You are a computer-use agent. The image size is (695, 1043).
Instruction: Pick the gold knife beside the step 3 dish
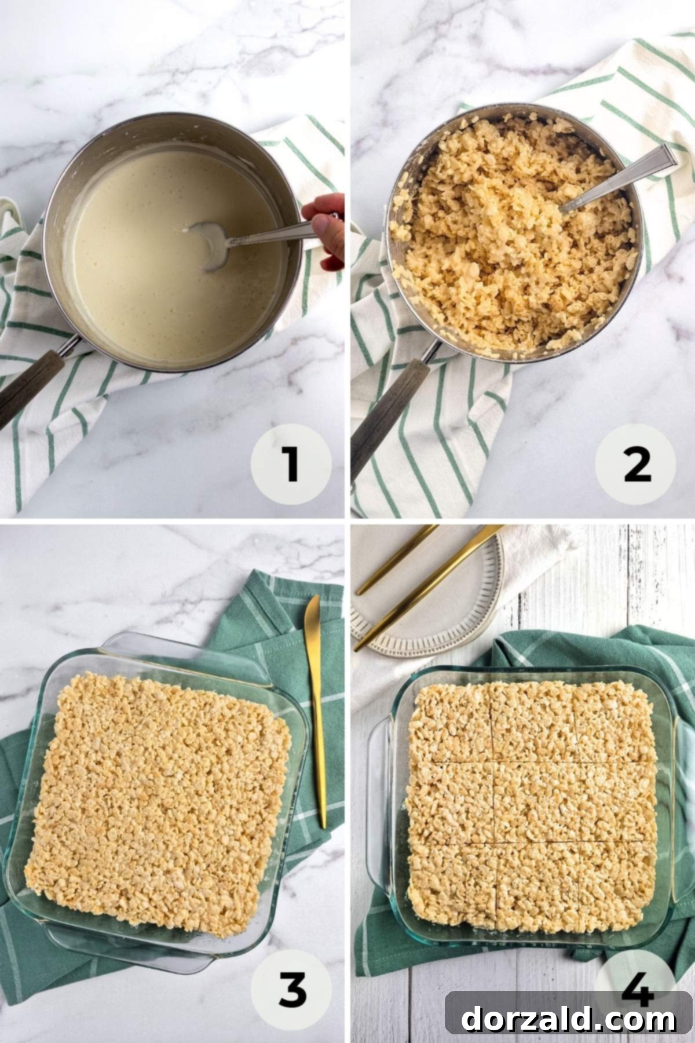point(316,710)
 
